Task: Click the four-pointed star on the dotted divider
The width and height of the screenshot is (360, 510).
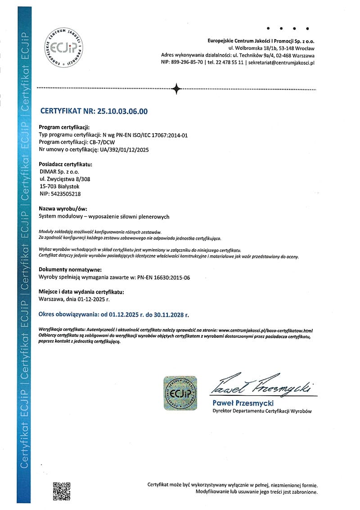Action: [x=177, y=88]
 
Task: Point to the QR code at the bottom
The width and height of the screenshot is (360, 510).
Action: [x=62, y=491]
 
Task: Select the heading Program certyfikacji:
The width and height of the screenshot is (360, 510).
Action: [x=65, y=126]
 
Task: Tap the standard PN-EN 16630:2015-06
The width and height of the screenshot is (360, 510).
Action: [x=163, y=277]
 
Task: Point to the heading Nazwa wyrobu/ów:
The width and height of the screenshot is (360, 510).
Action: [x=63, y=209]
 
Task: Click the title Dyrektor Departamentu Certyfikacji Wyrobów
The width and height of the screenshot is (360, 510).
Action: [x=261, y=411]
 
